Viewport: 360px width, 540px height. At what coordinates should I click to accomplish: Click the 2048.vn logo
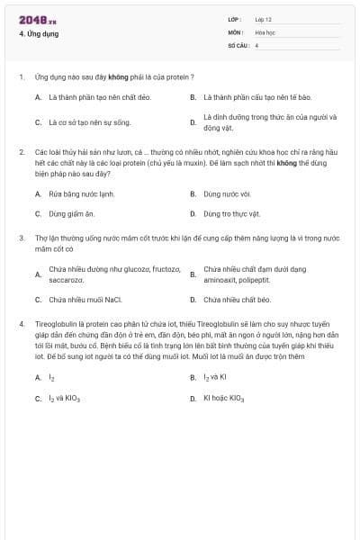pos(37,20)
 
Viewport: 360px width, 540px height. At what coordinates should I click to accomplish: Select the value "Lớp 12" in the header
pos(264,19)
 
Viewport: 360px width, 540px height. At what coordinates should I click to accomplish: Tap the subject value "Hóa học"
pos(265,31)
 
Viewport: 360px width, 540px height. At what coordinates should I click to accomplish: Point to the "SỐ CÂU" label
pos(237,45)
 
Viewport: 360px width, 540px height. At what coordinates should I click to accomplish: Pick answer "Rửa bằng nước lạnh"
pos(82,193)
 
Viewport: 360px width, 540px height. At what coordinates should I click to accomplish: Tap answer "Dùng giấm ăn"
pos(71,214)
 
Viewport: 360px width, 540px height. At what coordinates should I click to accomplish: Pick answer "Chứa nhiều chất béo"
pos(237,300)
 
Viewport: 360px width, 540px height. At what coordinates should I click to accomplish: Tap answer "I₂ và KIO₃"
pos(66,398)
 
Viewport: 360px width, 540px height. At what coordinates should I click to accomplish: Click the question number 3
pos(21,238)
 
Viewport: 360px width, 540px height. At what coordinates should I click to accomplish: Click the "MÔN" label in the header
pos(234,31)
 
